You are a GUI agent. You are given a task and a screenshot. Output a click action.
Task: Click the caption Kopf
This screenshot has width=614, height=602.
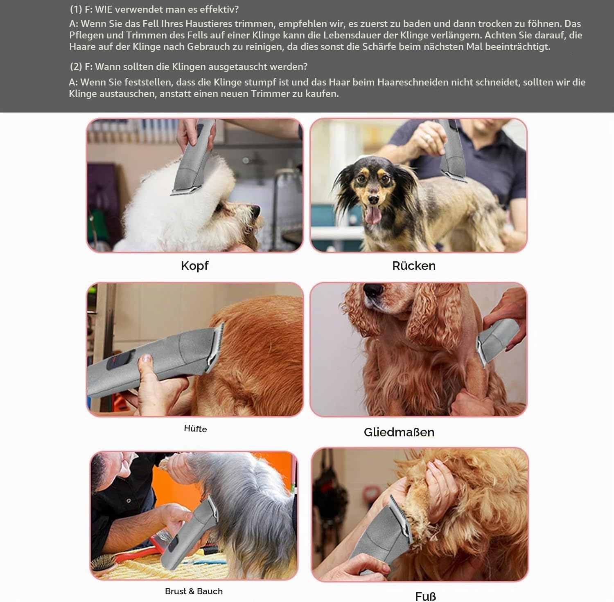pyautogui.click(x=194, y=266)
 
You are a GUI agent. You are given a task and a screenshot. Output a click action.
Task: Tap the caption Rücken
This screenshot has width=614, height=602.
pyautogui.click(x=414, y=266)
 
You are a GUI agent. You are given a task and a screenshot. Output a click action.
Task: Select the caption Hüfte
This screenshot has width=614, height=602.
pyautogui.click(x=195, y=429)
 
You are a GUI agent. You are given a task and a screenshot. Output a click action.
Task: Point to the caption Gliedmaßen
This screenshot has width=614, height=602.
pyautogui.click(x=399, y=432)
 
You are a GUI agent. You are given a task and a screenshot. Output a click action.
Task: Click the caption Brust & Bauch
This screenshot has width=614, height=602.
pyautogui.click(x=194, y=591)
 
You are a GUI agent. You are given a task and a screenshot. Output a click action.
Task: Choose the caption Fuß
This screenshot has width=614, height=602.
pyautogui.click(x=425, y=596)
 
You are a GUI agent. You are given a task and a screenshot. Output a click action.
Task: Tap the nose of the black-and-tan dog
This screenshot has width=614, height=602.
pyautogui.click(x=372, y=199)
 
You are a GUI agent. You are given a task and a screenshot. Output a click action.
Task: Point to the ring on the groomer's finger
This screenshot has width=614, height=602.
pyautogui.click(x=428, y=137)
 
